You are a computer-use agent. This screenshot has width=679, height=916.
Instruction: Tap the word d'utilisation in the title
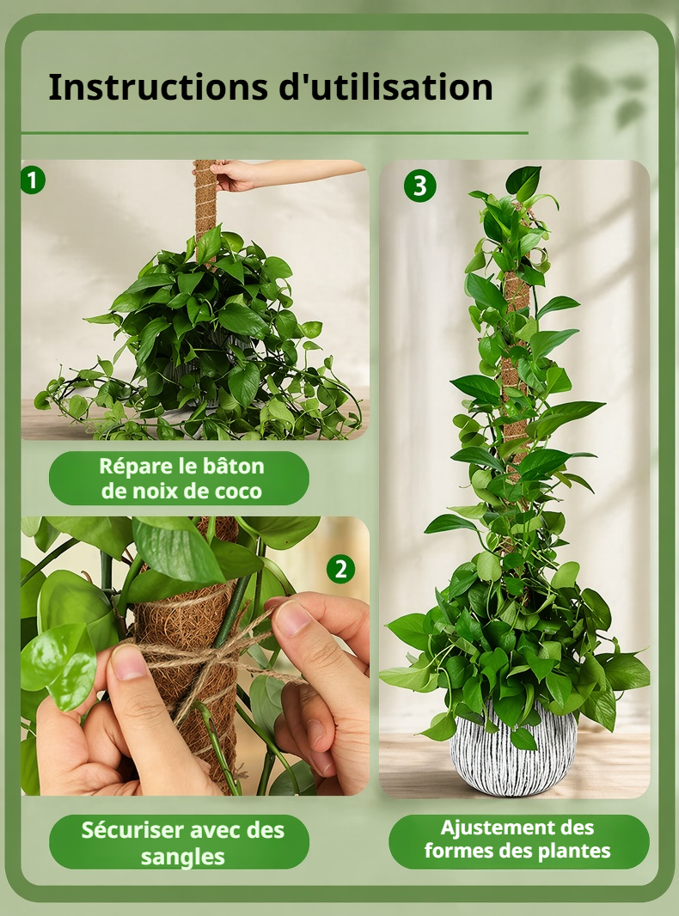386,87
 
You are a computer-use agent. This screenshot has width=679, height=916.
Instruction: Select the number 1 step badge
32,180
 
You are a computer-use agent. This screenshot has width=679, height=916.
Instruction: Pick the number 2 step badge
340,568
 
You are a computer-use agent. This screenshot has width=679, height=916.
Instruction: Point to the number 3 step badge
420,186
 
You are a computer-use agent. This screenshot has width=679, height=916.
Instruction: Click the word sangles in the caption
182,857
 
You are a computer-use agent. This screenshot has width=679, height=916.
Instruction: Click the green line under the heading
275,133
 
